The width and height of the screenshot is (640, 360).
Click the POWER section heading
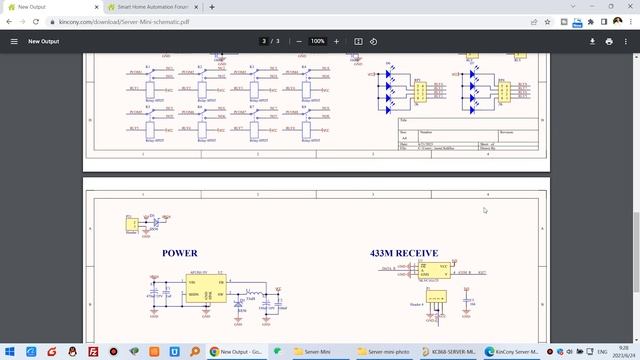pyautogui.click(x=179, y=253)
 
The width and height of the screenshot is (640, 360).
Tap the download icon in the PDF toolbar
pyautogui.click(x=593, y=41)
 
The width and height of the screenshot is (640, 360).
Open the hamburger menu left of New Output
pyautogui.click(x=14, y=41)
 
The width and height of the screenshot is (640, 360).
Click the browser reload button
pyautogui.click(x=36, y=20)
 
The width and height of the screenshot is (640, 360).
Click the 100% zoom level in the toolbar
pyautogui.click(x=317, y=41)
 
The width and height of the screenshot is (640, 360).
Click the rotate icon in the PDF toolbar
pyautogui.click(x=373, y=41)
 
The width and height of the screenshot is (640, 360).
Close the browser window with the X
pyautogui.click(x=627, y=6)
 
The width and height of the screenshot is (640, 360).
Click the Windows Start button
pyautogui.click(x=8, y=352)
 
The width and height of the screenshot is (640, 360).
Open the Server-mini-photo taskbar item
pyautogui.click(x=386, y=352)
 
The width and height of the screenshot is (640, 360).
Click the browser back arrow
pyautogui.click(x=8, y=20)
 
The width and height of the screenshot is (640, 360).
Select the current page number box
pyautogui.click(x=264, y=41)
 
